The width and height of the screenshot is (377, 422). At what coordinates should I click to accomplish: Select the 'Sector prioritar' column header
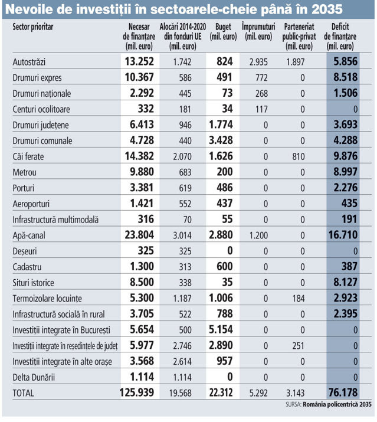(x=33, y=27)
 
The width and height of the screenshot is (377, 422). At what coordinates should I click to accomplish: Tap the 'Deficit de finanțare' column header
(x=340, y=37)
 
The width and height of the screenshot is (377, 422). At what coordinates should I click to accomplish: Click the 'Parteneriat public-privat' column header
(x=299, y=37)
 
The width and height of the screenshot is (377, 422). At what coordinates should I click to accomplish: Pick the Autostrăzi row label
(x=29, y=62)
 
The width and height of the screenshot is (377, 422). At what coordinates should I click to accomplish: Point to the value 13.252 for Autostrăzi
(x=139, y=61)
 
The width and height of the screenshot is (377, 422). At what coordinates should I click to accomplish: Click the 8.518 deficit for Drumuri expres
(x=346, y=77)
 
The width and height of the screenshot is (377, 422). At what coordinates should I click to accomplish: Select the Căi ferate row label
(x=28, y=156)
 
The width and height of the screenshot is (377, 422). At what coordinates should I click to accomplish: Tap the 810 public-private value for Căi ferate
(x=299, y=156)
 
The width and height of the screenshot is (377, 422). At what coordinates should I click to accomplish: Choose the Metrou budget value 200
(x=225, y=172)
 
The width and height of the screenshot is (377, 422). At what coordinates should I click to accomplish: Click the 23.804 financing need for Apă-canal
(x=139, y=235)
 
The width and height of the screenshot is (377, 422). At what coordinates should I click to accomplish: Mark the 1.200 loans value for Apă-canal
(x=258, y=235)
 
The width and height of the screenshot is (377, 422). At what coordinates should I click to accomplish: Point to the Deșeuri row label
(x=25, y=251)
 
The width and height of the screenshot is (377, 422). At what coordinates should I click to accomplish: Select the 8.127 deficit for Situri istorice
(x=346, y=282)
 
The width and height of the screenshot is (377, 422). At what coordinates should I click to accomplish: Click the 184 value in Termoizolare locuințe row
(x=299, y=299)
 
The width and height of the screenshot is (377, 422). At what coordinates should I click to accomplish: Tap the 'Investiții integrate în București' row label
(x=61, y=330)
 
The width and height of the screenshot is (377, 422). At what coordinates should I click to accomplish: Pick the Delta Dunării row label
(x=34, y=377)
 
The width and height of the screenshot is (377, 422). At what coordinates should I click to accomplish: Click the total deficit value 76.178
(x=343, y=392)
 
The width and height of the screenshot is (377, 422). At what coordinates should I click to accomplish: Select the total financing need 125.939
(x=137, y=392)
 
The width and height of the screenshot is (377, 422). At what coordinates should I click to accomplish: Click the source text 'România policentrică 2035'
(x=337, y=404)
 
